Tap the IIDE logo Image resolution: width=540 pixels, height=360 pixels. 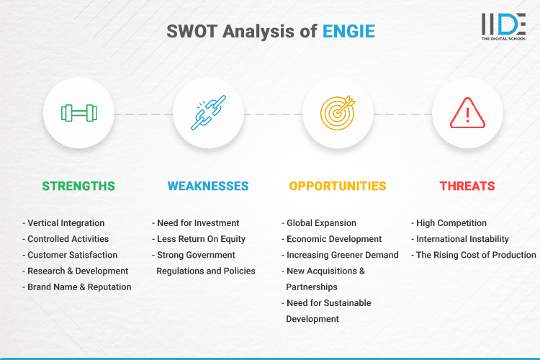(503, 27)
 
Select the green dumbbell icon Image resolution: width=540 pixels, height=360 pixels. (79, 113)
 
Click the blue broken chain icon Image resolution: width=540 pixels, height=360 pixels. (209, 113)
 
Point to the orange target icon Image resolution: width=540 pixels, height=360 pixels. (338, 113)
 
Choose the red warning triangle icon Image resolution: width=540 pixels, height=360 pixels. (467, 113)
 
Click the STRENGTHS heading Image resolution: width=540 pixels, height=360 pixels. (78, 186)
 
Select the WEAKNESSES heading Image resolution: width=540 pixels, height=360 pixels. (208, 186)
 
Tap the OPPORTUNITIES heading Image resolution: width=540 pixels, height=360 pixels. (338, 186)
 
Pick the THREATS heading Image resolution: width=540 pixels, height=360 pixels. (467, 186)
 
